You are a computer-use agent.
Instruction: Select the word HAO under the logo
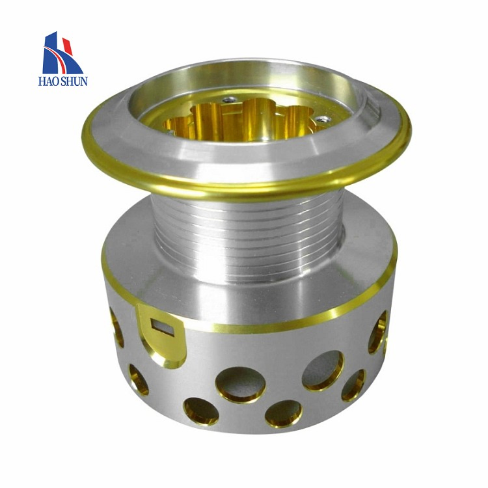coord(51,81)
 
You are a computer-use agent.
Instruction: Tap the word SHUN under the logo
coord(75,81)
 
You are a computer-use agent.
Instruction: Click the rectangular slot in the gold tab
coord(163,325)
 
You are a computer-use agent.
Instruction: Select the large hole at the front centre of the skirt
coord(240,384)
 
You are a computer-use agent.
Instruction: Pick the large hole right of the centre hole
coord(323,370)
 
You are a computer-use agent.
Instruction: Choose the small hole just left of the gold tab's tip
coord(138,379)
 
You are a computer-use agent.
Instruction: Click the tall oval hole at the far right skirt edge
coord(377,332)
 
